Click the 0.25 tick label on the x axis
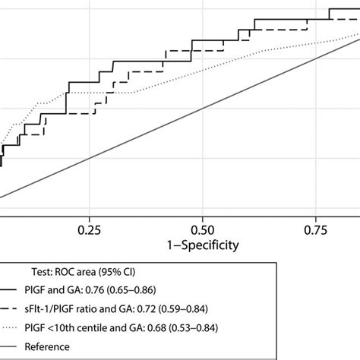pos(90,229)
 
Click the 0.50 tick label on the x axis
pos(202,229)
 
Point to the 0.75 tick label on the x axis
pos(315,229)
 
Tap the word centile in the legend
pos(135,328)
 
